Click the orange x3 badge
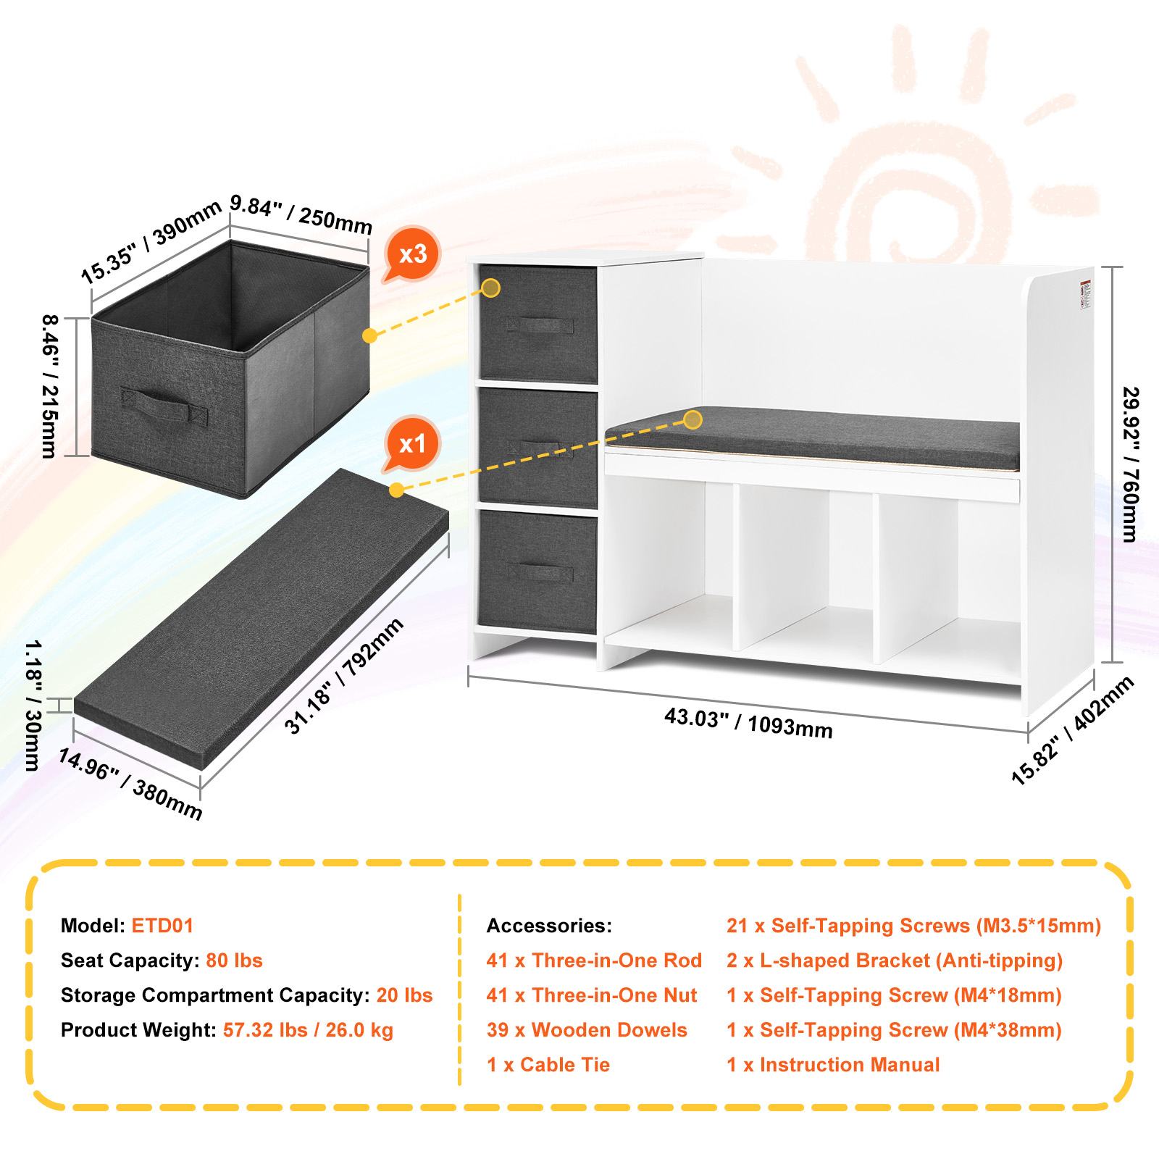click(412, 254)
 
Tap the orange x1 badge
click(412, 443)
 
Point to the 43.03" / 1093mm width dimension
click(748, 722)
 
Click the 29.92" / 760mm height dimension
click(1130, 464)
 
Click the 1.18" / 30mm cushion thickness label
click(33, 705)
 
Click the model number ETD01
click(162, 926)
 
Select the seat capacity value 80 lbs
click(234, 961)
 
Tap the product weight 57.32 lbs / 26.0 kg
click(308, 1030)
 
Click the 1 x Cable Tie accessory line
click(548, 1065)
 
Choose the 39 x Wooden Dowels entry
click(587, 1030)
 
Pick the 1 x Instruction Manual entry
click(833, 1065)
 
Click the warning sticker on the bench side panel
click(1085, 294)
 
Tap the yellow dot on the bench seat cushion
click(693, 419)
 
